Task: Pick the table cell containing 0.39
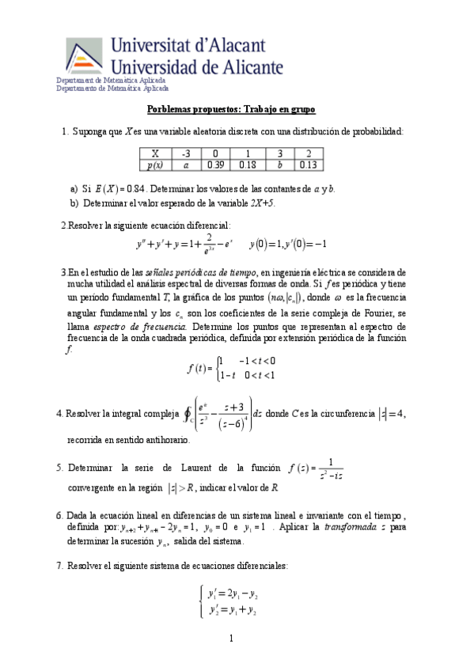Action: (x=215, y=165)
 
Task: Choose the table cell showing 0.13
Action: (x=309, y=165)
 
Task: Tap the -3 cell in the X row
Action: (x=186, y=154)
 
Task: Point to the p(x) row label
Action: (x=155, y=165)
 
